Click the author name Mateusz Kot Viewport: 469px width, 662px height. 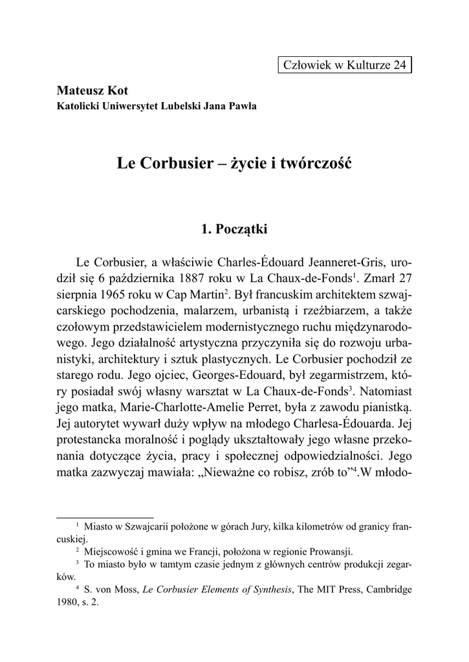point(93,91)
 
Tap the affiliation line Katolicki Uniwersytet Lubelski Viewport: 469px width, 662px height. point(157,106)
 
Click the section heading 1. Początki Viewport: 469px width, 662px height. point(234,228)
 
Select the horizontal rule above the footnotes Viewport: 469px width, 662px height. point(105,517)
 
